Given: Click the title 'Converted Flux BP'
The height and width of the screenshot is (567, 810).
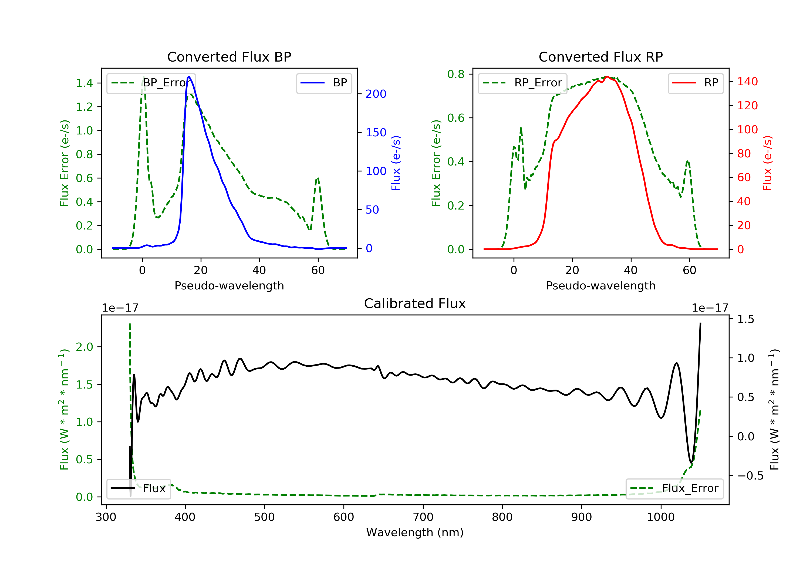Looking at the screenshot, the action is (x=229, y=57).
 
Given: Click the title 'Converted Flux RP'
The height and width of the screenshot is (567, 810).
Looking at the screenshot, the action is (x=600, y=57).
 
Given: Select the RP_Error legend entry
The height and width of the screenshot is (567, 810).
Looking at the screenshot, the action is (x=522, y=83).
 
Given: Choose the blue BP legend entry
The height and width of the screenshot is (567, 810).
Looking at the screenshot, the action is (x=324, y=83).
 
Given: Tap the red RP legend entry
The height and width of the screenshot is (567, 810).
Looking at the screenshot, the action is (x=695, y=83).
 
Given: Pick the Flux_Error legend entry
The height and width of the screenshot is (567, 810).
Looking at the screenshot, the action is (x=674, y=488).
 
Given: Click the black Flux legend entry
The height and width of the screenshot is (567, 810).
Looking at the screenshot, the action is (x=138, y=488).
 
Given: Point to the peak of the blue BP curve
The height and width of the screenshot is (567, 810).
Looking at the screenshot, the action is (x=189, y=77).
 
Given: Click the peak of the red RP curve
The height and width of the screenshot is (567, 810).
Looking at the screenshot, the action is (x=607, y=77).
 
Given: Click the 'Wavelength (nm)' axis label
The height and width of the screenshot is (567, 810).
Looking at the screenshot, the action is (x=415, y=532).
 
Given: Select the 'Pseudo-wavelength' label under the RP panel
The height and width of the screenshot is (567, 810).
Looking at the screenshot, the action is (x=600, y=285).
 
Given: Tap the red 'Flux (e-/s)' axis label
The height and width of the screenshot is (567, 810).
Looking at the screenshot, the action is (x=767, y=163).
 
